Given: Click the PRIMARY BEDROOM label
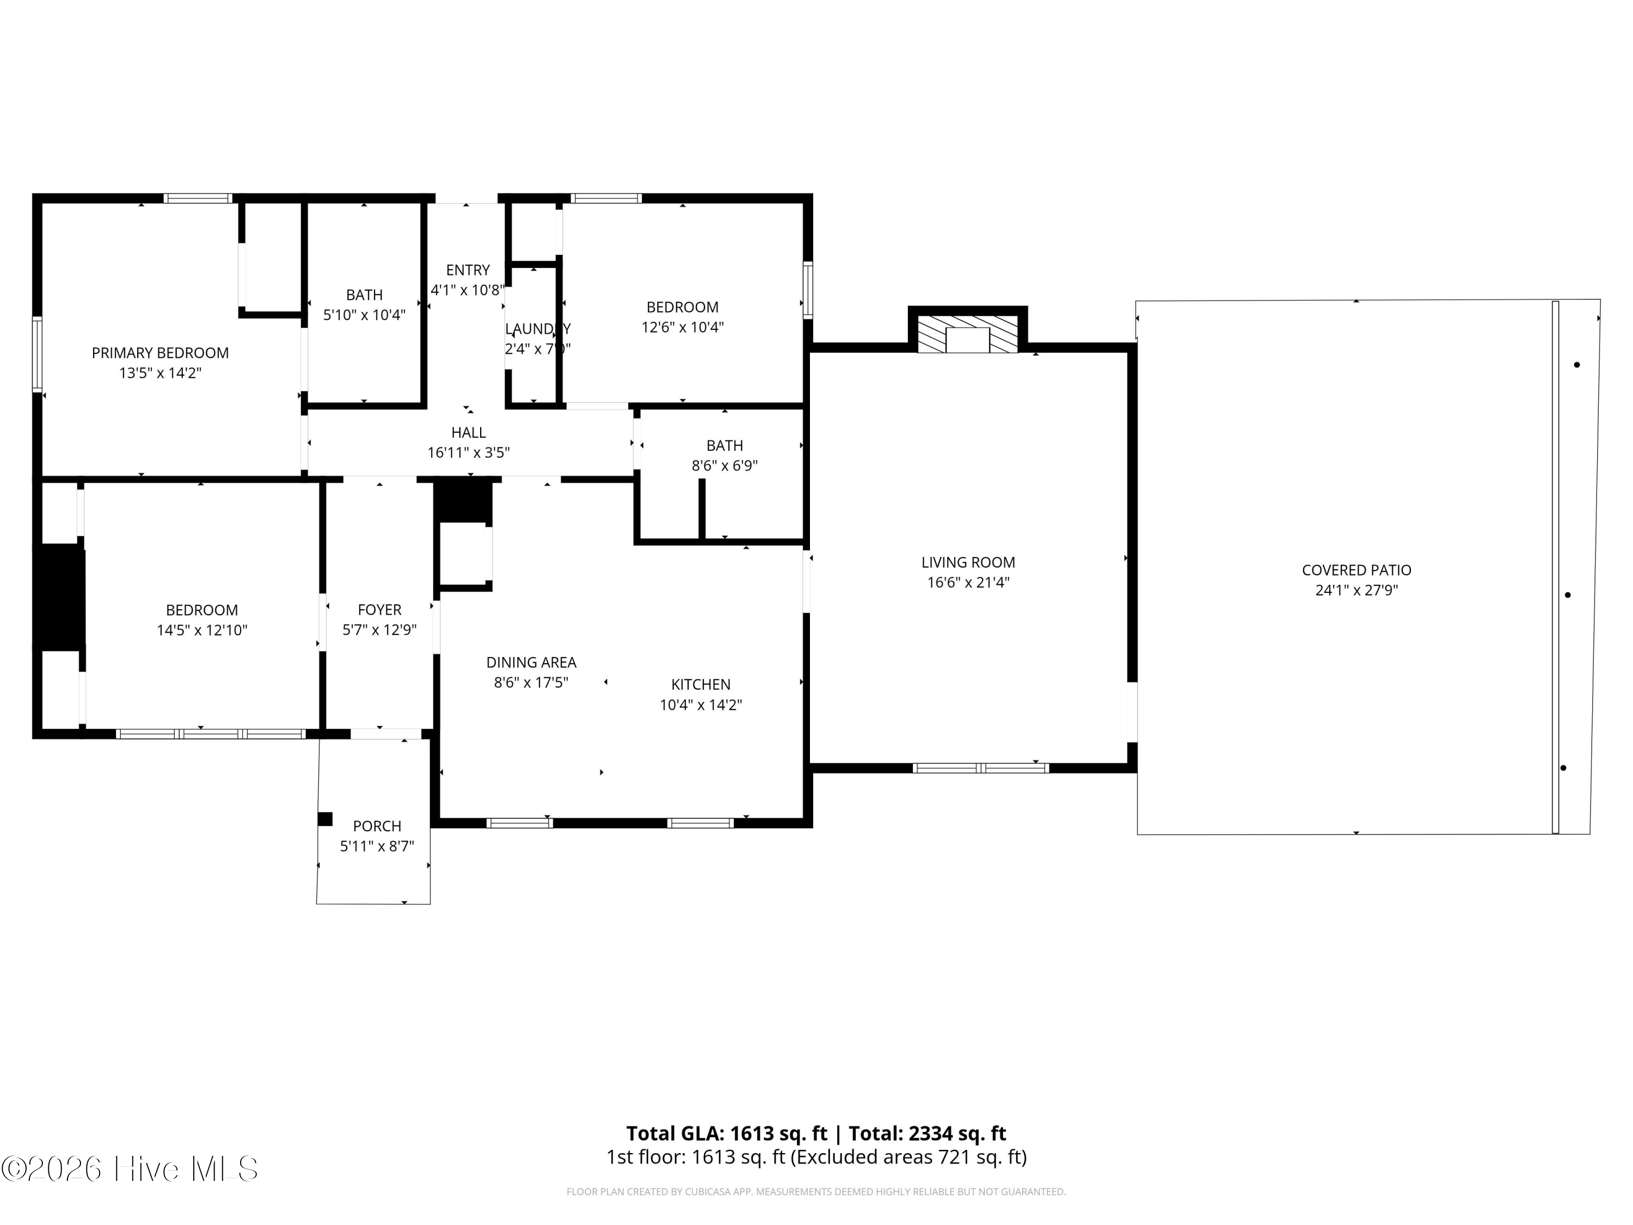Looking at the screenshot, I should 160,353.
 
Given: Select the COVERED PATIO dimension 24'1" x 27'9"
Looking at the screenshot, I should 1356,590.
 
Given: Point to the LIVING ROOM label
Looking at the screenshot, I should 968,562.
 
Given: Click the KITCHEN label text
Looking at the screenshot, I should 701,684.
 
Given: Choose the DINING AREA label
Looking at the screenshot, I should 531,663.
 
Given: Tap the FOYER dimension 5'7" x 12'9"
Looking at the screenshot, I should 379,630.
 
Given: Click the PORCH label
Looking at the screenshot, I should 377,826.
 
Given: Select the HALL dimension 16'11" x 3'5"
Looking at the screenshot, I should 468,452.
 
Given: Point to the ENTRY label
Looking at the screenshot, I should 467,270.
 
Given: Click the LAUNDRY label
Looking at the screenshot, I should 537,329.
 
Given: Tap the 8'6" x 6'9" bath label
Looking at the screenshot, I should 724,445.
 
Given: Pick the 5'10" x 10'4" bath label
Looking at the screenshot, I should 364,295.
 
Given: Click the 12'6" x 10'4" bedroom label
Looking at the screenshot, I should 682,307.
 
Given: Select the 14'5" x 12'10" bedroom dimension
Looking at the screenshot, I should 201,630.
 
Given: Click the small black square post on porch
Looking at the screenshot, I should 325,819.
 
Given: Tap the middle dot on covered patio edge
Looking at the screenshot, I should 1567,595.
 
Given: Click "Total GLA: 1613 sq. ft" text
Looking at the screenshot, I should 727,1134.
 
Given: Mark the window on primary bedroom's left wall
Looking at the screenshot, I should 37,353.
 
